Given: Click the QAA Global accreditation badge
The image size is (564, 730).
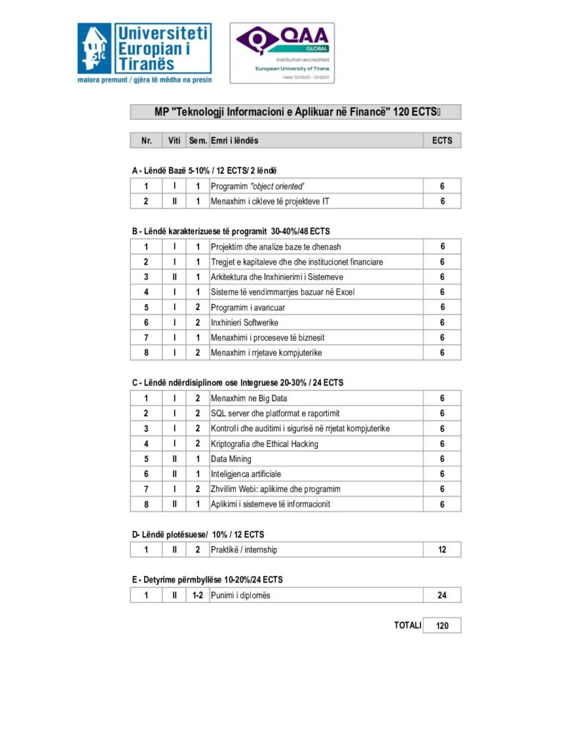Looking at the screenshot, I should (282, 53).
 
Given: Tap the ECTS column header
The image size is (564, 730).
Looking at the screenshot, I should (442, 140).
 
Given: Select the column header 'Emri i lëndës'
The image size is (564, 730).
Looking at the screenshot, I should (235, 140).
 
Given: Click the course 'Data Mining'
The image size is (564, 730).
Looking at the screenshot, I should (231, 459).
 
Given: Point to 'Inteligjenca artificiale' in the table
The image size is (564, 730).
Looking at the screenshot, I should (246, 474).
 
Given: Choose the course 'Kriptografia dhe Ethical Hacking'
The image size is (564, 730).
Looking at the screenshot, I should (265, 444).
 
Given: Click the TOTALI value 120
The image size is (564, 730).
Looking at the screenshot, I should (442, 626).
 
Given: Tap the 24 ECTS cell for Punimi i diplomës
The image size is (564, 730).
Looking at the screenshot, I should (442, 595).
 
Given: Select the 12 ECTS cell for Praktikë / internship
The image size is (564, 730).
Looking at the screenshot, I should (442, 550).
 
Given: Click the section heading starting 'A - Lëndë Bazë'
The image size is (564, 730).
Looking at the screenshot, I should (204, 170).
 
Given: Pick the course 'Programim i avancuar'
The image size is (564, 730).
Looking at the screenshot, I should (249, 307).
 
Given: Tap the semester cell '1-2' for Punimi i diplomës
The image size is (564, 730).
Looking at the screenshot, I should (197, 595).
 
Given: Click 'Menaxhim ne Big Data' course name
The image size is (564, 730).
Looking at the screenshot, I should (249, 399).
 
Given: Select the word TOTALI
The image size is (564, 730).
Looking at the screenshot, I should (408, 625).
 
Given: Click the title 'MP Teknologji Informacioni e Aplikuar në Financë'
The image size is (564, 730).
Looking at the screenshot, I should (295, 112).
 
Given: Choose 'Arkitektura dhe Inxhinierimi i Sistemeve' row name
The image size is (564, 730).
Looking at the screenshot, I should (277, 277).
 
